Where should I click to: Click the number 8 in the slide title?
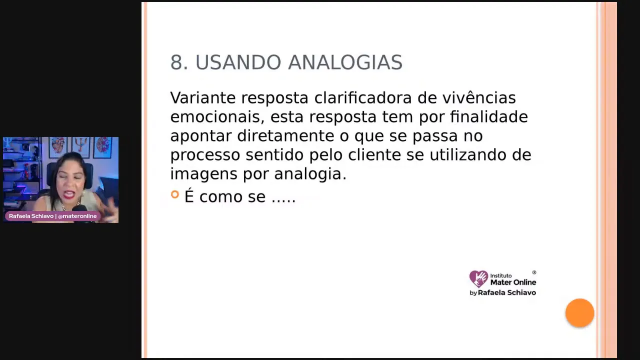(x=176, y=63)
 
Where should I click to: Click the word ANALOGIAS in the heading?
(x=345, y=63)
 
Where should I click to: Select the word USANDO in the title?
(x=238, y=63)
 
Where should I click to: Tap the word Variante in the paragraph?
(x=202, y=98)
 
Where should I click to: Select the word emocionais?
(x=217, y=117)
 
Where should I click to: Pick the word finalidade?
(x=488, y=117)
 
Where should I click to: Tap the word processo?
(x=205, y=155)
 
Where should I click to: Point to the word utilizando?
(x=468, y=155)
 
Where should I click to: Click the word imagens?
(x=204, y=174)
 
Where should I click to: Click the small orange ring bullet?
(x=174, y=194)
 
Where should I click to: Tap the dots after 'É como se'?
(x=283, y=198)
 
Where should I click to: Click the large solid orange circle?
(x=579, y=313)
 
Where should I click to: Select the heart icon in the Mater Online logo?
(x=478, y=278)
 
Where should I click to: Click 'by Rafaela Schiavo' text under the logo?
(x=502, y=292)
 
